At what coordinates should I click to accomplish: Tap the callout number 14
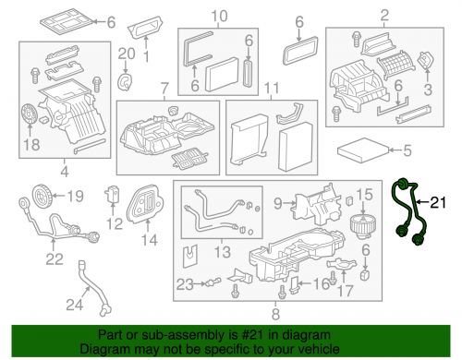point(149,241)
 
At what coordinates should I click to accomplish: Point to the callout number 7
point(164,89)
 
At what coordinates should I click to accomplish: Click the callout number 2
point(383,16)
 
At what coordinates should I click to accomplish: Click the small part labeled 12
point(113,198)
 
